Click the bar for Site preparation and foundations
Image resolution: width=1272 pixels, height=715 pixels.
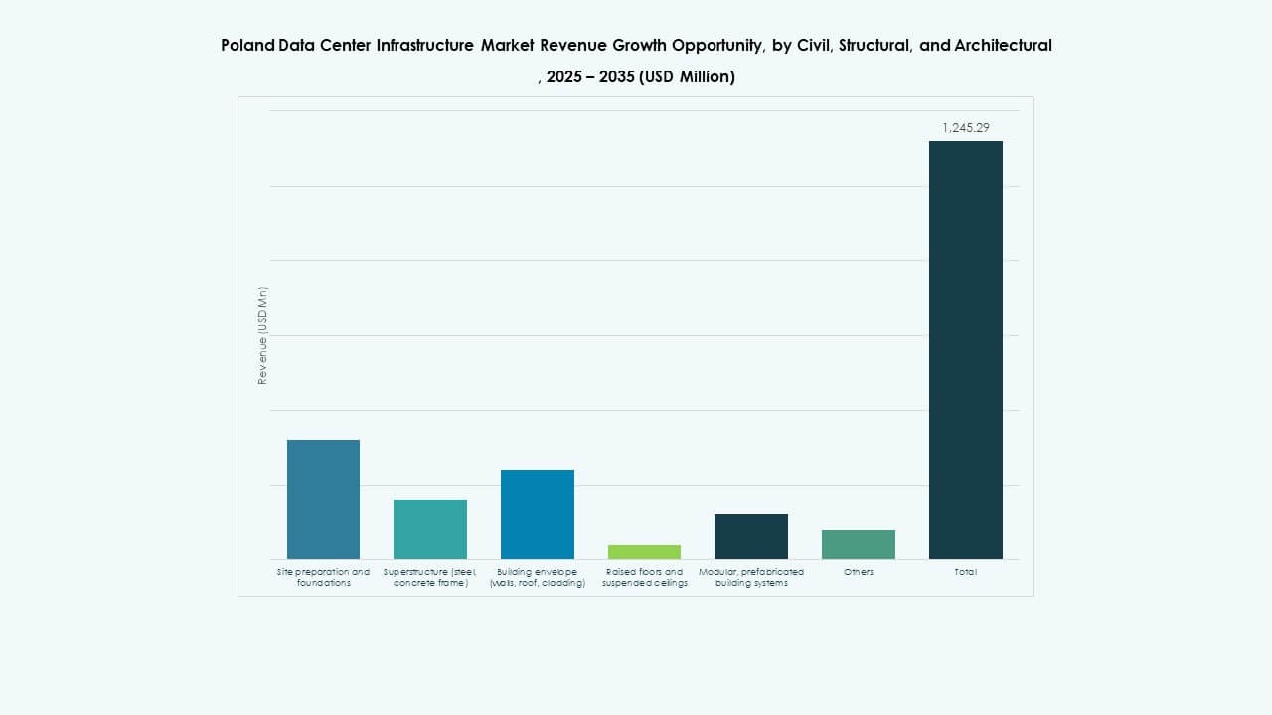tap(323, 500)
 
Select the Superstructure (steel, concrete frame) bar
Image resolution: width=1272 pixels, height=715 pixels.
tap(430, 529)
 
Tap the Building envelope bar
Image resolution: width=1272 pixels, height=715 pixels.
tap(538, 514)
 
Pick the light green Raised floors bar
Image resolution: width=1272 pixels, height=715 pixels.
tap(644, 552)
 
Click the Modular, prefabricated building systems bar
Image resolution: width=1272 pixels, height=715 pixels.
tap(751, 536)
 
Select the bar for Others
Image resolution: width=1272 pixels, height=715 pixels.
tap(859, 544)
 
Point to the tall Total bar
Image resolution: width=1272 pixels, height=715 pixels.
tap(966, 350)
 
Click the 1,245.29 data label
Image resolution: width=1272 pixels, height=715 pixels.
tap(966, 128)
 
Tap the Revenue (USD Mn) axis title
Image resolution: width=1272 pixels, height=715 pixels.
tap(263, 336)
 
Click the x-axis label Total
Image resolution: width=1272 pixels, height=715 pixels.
tap(966, 572)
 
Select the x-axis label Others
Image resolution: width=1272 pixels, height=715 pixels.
tap(859, 572)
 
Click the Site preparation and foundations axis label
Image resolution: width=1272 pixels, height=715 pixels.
tap(323, 577)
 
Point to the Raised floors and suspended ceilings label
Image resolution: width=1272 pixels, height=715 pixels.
tap(644, 577)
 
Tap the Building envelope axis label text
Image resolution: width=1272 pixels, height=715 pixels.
tap(538, 577)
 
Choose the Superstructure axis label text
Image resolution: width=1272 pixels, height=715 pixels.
tap(430, 577)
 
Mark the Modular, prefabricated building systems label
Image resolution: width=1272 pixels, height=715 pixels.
tap(751, 577)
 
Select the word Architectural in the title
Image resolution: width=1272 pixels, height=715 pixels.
tap(1003, 45)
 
